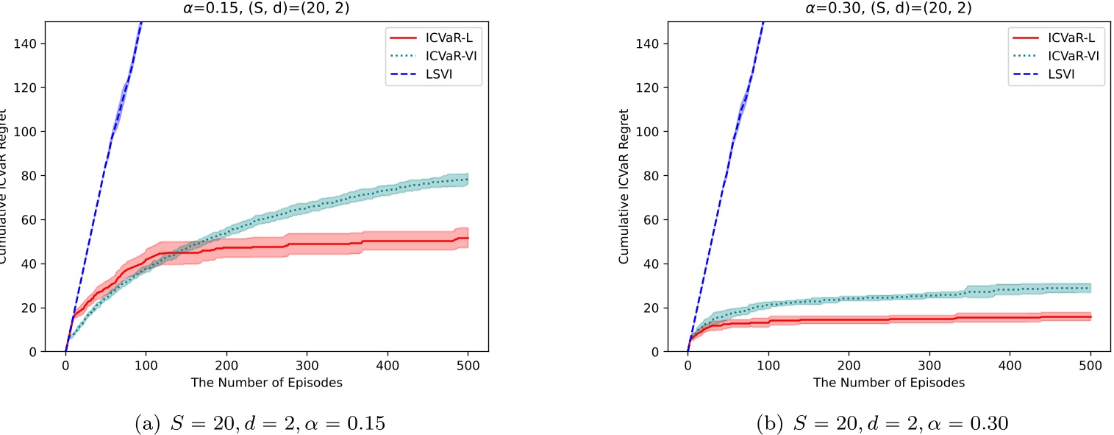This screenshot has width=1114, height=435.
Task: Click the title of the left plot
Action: (265, 9)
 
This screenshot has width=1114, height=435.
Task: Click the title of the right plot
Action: (888, 9)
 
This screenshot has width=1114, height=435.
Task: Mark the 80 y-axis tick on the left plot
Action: (34, 176)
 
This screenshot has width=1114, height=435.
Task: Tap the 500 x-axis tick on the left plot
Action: (468, 365)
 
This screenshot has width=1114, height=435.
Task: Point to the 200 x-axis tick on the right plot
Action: (849, 365)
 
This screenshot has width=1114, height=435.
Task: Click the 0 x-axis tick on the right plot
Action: (688, 365)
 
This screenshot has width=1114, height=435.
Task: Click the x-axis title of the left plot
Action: (265, 383)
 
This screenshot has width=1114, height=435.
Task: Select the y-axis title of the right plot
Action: (625, 188)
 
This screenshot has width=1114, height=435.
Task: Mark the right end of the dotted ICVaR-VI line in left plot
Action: (468, 180)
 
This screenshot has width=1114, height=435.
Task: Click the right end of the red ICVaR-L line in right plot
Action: (1090, 317)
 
